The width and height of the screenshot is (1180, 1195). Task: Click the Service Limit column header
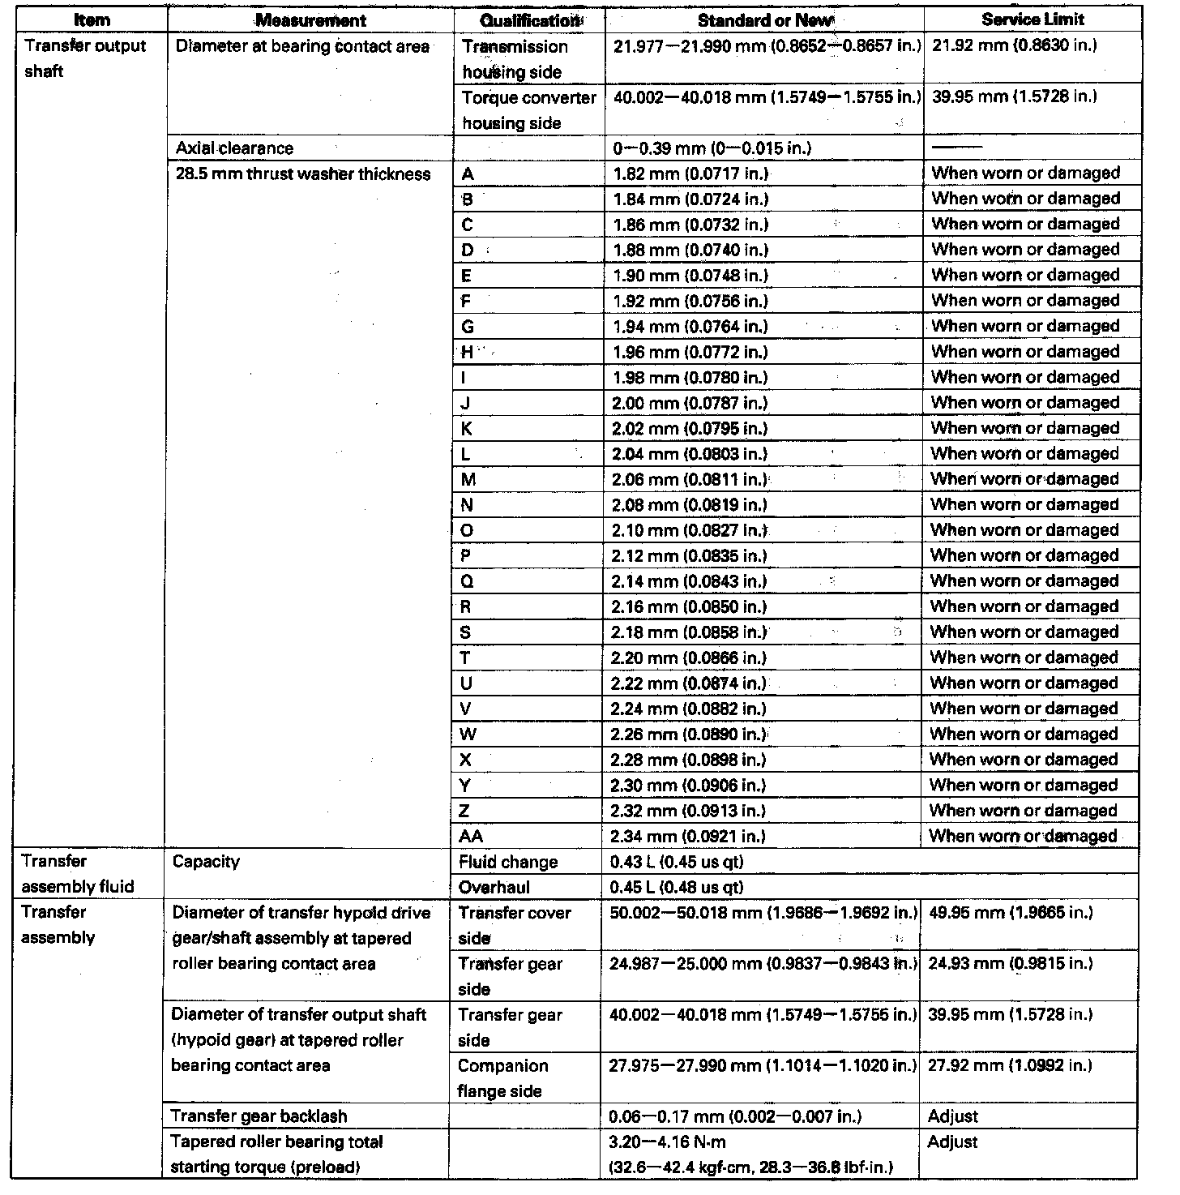[1032, 19]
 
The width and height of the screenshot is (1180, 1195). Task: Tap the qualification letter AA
[471, 836]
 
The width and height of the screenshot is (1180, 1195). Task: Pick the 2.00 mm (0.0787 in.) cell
[690, 403]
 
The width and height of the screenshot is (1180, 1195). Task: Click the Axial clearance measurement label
[234, 148]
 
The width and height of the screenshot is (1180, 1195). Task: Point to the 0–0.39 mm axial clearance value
[712, 148]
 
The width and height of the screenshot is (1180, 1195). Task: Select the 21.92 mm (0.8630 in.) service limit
[1015, 45]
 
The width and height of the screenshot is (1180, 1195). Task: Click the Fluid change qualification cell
[508, 862]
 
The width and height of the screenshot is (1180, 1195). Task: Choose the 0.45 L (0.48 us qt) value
[677, 887]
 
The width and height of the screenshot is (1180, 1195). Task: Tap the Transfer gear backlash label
[259, 1116]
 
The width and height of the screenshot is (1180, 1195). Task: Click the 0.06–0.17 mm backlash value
[735, 1116]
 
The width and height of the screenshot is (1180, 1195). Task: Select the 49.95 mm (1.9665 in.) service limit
[1010, 913]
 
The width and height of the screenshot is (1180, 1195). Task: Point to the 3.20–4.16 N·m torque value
[668, 1142]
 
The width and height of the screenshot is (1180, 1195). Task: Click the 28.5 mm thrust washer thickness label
[303, 174]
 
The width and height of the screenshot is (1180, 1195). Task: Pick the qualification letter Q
[467, 581]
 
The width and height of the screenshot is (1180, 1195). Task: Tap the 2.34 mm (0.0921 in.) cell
[688, 836]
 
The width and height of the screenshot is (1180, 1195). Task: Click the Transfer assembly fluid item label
[78, 874]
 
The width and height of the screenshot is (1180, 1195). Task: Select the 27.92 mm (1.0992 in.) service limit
[1010, 1065]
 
